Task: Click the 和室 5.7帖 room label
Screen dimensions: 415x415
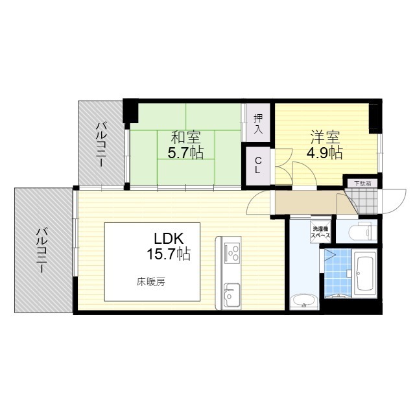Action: pyautogui.click(x=185, y=145)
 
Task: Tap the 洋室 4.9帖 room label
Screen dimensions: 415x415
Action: pyautogui.click(x=325, y=145)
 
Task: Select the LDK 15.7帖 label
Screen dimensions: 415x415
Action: pyautogui.click(x=169, y=247)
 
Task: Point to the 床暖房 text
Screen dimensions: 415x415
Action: pyautogui.click(x=151, y=283)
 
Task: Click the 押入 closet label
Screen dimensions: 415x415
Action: pyautogui.click(x=258, y=124)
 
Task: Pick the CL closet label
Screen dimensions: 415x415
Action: pyautogui.click(x=258, y=165)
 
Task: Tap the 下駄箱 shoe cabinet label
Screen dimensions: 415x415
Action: pyautogui.click(x=362, y=184)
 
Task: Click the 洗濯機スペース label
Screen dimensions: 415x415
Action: pyautogui.click(x=320, y=232)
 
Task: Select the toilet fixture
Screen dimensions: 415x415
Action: pyautogui.click(x=362, y=231)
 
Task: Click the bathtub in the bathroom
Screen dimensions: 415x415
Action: pyautogui.click(x=365, y=274)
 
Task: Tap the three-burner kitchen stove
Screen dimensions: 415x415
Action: pyautogui.click(x=232, y=254)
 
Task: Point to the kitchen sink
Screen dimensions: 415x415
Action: pyautogui.click(x=231, y=295)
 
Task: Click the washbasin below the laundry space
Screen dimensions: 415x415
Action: pyautogui.click(x=303, y=302)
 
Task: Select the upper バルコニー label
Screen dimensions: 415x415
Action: pyautogui.click(x=101, y=144)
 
